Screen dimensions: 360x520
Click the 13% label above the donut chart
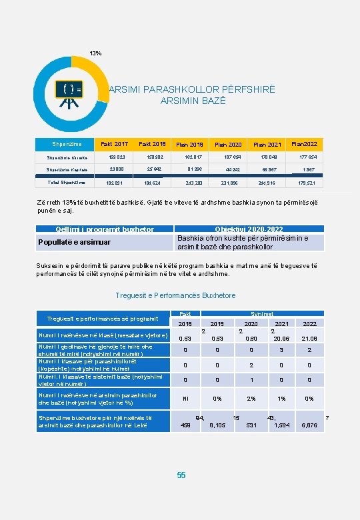[x=96, y=53]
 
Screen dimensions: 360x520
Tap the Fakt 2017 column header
[x=114, y=144]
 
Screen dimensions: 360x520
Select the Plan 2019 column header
[x=190, y=145]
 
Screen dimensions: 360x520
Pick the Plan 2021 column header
[x=267, y=145]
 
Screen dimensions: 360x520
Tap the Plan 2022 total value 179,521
[x=305, y=182]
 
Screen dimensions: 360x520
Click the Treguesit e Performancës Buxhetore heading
[x=175, y=295]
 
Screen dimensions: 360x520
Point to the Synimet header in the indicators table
[x=261, y=313]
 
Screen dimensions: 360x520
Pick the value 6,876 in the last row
[x=309, y=425]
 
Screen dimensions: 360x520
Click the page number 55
[x=181, y=475]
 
